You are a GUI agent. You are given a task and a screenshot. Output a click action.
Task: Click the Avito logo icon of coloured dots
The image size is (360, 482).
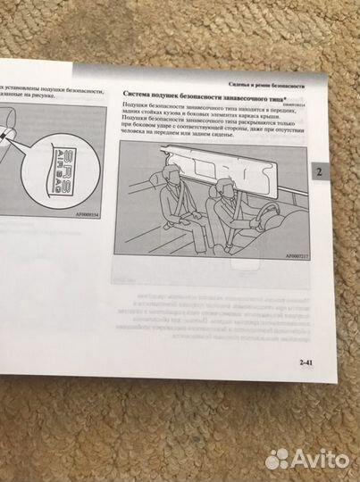point(279,458)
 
